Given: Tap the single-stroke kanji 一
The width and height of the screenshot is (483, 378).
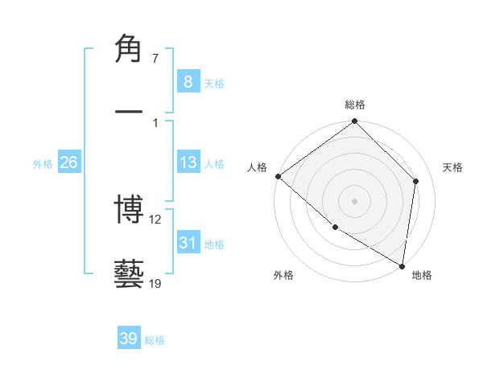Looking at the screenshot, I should coord(129,110).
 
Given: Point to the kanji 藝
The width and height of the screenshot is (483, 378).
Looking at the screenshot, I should coord(129,273).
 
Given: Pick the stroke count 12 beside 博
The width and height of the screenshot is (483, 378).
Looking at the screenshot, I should coord(156,220).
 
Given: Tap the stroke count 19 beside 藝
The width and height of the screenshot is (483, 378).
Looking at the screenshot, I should coord(156,282).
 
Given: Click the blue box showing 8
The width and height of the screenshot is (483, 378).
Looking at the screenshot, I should coord(188,82).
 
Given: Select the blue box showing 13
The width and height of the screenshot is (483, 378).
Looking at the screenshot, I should coord(188,162).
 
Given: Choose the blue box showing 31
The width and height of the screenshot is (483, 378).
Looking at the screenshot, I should coord(188,243).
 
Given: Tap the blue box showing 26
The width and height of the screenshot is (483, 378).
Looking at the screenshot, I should coord(68,162).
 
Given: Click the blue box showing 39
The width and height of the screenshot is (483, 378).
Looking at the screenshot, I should coord(128,339).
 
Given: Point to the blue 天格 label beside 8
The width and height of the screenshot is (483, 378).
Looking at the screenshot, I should coord(214,84).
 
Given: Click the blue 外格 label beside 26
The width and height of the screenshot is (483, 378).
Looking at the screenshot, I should coord(43,164).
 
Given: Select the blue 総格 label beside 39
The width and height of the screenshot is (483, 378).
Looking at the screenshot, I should coord(155,340).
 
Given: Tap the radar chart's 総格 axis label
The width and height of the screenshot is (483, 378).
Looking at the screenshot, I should coord(355,105).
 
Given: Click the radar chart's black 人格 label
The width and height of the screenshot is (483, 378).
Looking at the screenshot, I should coord(258,166).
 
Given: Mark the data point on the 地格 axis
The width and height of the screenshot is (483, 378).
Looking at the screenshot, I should coord(402,265).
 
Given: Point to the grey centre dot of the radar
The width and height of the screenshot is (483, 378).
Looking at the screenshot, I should coord(355,200).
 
